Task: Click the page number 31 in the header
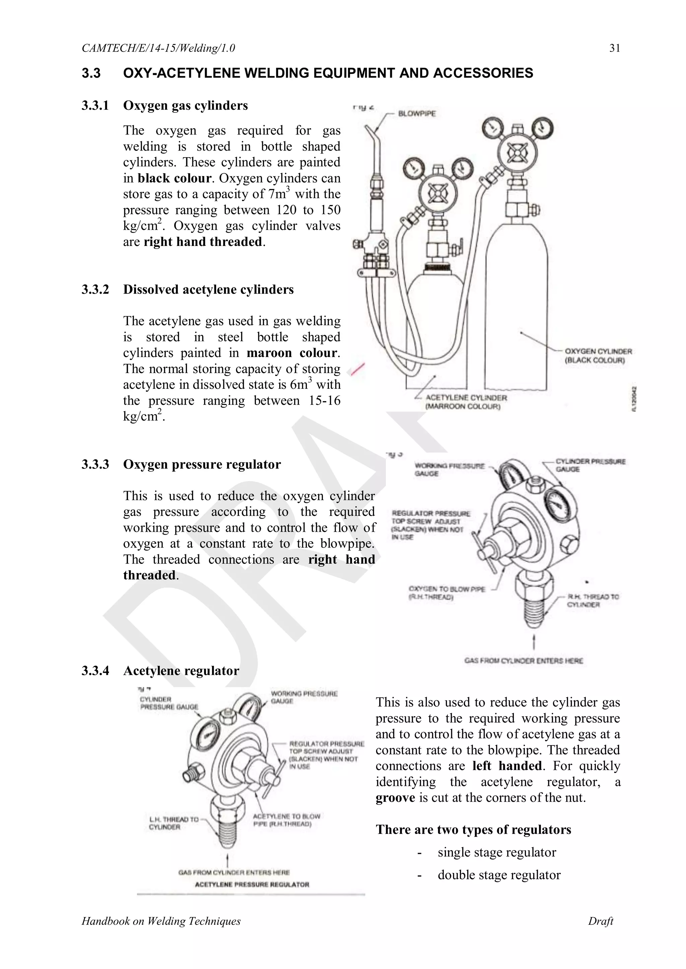click(615, 48)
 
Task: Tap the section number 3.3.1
click(95, 105)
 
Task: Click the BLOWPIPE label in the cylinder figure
click(417, 113)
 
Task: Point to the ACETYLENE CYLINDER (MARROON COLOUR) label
click(466, 402)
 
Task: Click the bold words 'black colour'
click(175, 178)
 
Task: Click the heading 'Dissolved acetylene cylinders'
click(208, 289)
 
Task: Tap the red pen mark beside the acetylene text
click(356, 369)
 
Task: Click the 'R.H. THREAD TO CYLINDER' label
click(592, 601)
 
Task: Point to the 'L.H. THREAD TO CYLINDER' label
click(173, 823)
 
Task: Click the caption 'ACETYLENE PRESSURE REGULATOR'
click(252, 884)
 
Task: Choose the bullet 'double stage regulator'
click(499, 875)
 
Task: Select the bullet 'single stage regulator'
click(497, 852)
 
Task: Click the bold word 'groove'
click(395, 798)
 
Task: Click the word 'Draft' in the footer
click(600, 921)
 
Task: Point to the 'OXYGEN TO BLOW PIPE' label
click(447, 593)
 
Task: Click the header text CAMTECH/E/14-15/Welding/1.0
click(158, 48)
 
